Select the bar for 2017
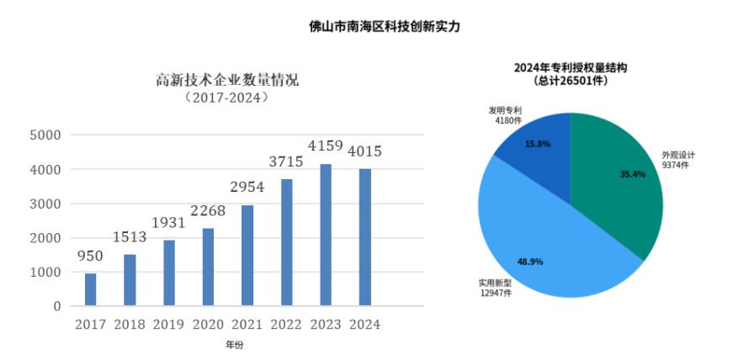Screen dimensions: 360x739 pos(90,289)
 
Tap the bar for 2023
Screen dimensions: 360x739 pos(326,235)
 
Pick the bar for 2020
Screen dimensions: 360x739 pos(208,267)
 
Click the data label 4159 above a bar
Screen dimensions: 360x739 pos(326,146)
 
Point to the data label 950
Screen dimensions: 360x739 pos(90,257)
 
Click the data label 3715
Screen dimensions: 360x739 pos(286,161)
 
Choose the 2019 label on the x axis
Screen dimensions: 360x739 pos(168,324)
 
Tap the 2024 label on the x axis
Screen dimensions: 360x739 pos(364,324)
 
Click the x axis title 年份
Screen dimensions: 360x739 pos(234,345)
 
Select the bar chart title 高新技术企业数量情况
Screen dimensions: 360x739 pos(228,81)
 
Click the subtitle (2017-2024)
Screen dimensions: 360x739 pos(228,98)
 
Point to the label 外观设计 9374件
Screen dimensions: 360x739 pos(683,160)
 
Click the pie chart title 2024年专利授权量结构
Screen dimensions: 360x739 pos(572,66)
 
